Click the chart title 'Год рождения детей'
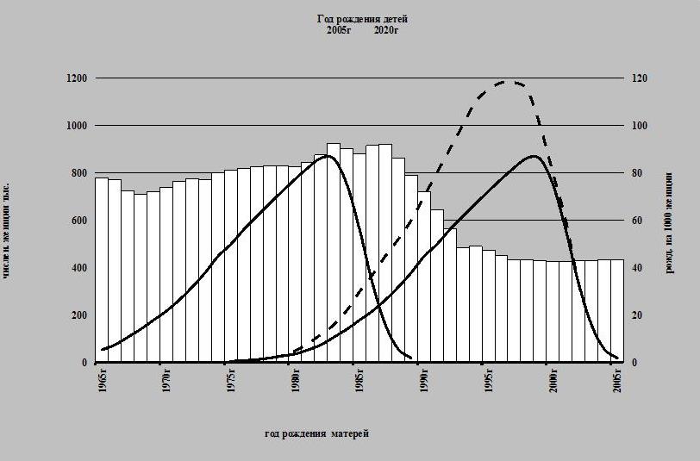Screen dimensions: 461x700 (x=362, y=18)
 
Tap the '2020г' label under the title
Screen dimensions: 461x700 (x=386, y=30)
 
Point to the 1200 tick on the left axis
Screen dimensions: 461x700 (x=77, y=78)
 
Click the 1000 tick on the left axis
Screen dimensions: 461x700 (x=77, y=126)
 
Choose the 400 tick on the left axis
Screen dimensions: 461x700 (x=79, y=268)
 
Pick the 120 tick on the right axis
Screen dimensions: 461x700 (x=641, y=78)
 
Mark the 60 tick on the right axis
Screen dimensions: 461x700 (x=639, y=221)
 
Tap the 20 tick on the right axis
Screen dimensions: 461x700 (x=639, y=315)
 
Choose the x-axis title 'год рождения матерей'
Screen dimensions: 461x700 (x=316, y=433)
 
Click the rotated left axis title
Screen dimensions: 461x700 (x=8, y=229)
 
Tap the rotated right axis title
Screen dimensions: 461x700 (x=670, y=223)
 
